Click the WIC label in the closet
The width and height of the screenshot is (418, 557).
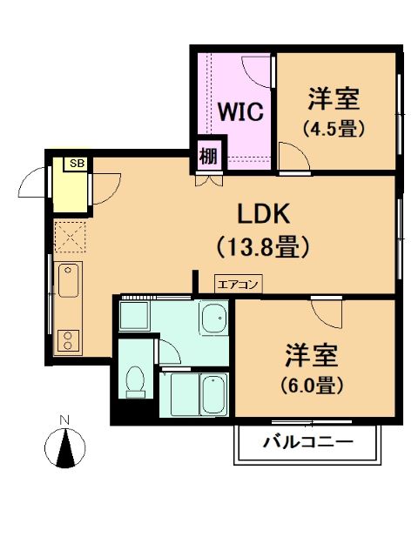coord(240,112)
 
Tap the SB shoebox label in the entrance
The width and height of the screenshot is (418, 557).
coord(78,164)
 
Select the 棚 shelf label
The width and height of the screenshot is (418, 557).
coord(208,156)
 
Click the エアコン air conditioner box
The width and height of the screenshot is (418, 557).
coord(238,285)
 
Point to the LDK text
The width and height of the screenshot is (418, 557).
coord(263,214)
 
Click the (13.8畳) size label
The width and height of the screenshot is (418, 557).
coord(263,246)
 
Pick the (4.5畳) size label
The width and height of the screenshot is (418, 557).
coord(334,128)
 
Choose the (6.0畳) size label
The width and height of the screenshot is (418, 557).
coord(312,385)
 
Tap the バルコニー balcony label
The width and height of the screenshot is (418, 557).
coord(308,442)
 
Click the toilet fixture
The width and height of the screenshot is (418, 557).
coord(136,382)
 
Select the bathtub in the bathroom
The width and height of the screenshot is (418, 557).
coord(213,394)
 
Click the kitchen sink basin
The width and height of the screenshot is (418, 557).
coord(68,280)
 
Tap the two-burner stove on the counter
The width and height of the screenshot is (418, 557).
coord(68,341)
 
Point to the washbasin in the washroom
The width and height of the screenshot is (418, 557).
coord(214,317)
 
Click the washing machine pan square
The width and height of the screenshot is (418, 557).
coord(134,315)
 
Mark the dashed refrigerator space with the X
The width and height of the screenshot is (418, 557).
coord(70,237)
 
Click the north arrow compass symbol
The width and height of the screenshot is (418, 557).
coord(65,446)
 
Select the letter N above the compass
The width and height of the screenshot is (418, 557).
coord(64,419)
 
